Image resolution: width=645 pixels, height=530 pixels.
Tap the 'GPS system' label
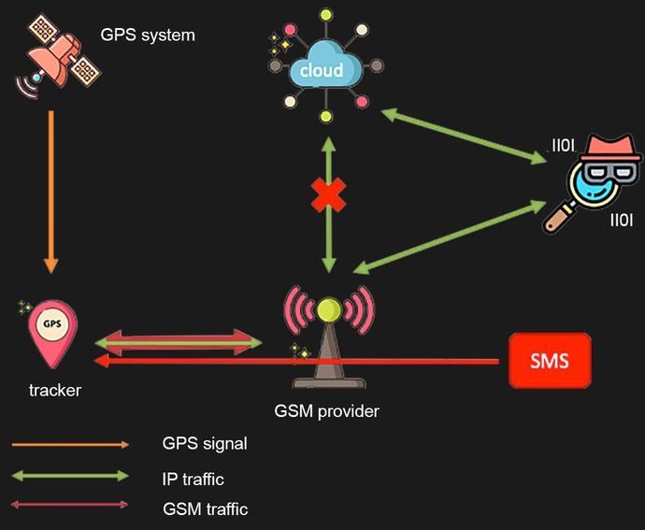(148, 36)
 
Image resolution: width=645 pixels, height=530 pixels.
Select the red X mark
(328, 194)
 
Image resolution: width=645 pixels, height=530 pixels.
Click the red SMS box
(550, 360)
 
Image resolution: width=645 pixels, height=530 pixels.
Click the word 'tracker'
(54, 390)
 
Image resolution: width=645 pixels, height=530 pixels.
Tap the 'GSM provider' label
(327, 410)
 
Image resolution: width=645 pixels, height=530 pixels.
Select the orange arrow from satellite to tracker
(51, 187)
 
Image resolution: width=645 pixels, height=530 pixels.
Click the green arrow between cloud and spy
(467, 136)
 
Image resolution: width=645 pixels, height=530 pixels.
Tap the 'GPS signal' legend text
(205, 443)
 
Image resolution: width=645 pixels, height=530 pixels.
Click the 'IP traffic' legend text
(193, 479)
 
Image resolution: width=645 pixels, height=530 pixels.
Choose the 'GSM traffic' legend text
(205, 509)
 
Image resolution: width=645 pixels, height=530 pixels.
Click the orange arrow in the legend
(70, 445)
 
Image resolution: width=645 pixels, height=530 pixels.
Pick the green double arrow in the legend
(70, 476)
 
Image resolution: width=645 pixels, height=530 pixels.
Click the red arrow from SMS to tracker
(374, 361)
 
